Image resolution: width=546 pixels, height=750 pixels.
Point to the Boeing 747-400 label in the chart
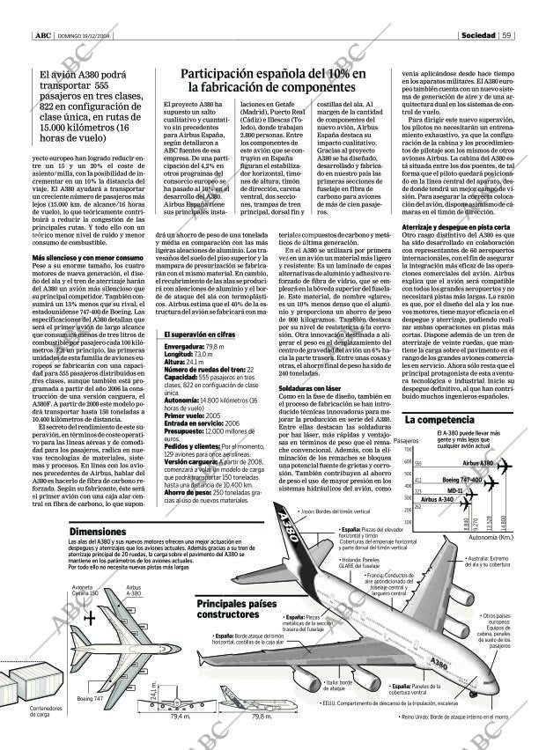coord(461,480)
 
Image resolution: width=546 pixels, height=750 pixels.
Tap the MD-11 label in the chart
coord(454,490)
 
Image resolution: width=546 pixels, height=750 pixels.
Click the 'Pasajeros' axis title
coord(406,440)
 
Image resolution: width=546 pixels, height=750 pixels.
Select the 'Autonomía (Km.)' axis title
coord(491,536)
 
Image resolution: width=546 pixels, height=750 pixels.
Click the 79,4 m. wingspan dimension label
coord(180,716)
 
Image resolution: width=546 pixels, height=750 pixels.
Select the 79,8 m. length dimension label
coord(261,716)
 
